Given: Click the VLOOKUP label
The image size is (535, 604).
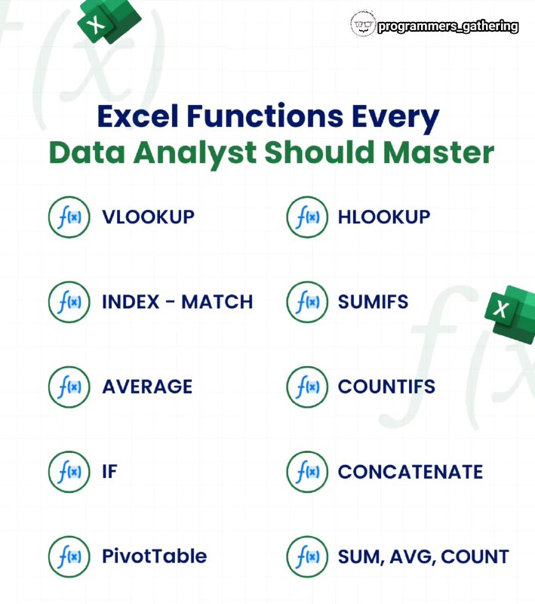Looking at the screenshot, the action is (148, 217).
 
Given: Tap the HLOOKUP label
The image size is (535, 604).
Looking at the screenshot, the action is (384, 217).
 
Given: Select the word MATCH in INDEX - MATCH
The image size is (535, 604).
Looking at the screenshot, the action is (217, 301).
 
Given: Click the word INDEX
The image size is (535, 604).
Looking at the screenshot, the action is (131, 301).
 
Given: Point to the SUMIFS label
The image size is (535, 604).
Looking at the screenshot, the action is (373, 301).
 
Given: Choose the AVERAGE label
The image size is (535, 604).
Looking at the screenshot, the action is (147, 387).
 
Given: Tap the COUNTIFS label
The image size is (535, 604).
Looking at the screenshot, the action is (386, 387).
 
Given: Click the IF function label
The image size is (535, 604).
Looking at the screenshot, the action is (109, 471).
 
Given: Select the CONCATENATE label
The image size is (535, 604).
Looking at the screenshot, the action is (410, 471).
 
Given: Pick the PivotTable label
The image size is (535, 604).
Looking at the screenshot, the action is (155, 556).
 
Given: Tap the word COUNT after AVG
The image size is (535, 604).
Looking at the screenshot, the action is (475, 556).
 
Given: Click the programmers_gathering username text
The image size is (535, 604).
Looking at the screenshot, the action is (448, 26).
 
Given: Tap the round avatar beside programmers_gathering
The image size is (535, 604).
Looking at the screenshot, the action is (363, 24).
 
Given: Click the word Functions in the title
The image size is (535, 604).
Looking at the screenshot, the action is (265, 116).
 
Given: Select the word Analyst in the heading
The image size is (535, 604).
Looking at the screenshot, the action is (195, 153).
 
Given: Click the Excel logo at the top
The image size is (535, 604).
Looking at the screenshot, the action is (109, 20).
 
